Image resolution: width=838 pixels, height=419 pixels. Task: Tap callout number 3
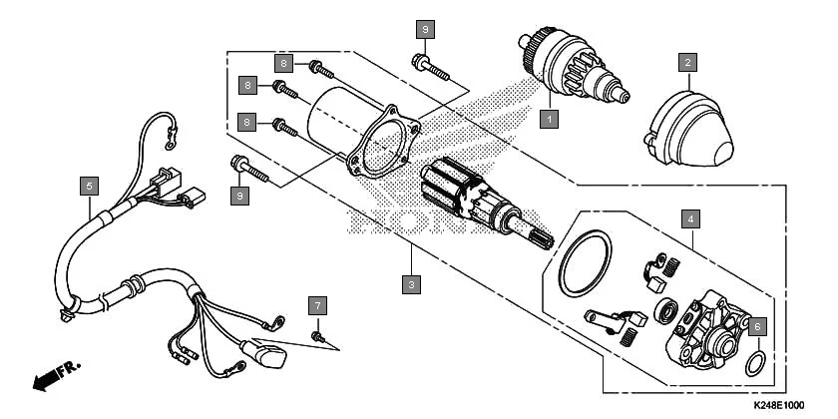click(x=409, y=283)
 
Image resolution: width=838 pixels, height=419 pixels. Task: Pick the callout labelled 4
click(x=688, y=215)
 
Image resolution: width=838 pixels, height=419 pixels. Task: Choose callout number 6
click(x=756, y=326)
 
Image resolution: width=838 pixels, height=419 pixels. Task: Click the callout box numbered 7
click(x=317, y=303)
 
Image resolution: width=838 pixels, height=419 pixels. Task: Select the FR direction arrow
click(x=55, y=377)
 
